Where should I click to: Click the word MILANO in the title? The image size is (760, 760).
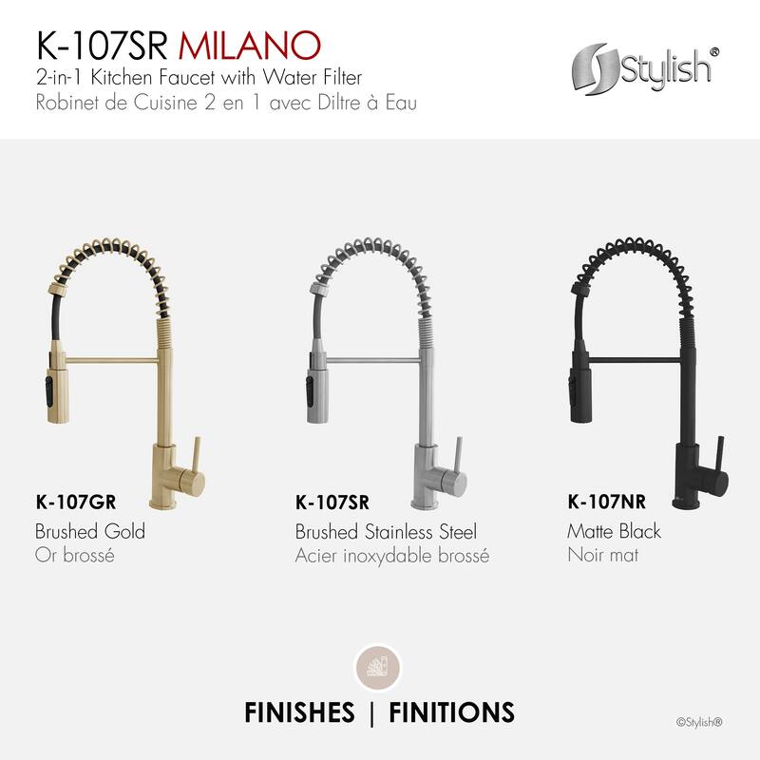pyautogui.click(x=259, y=45)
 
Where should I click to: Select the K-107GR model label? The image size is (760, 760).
pyautogui.click(x=81, y=503)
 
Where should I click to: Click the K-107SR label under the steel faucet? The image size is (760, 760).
pyautogui.click(x=332, y=503)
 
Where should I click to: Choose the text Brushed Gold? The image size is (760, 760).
pyautogui.click(x=90, y=531)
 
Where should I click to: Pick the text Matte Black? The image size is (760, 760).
pyautogui.click(x=614, y=531)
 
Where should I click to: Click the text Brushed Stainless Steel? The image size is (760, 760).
pyautogui.click(x=386, y=531)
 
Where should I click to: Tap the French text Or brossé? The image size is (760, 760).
pyautogui.click(x=75, y=555)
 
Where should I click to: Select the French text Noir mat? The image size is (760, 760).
pyautogui.click(x=602, y=555)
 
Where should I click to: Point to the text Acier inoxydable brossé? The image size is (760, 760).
pyautogui.click(x=392, y=555)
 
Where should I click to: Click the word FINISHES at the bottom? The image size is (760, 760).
pyautogui.click(x=299, y=712)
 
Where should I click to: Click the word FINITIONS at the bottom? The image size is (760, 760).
pyautogui.click(x=451, y=712)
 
